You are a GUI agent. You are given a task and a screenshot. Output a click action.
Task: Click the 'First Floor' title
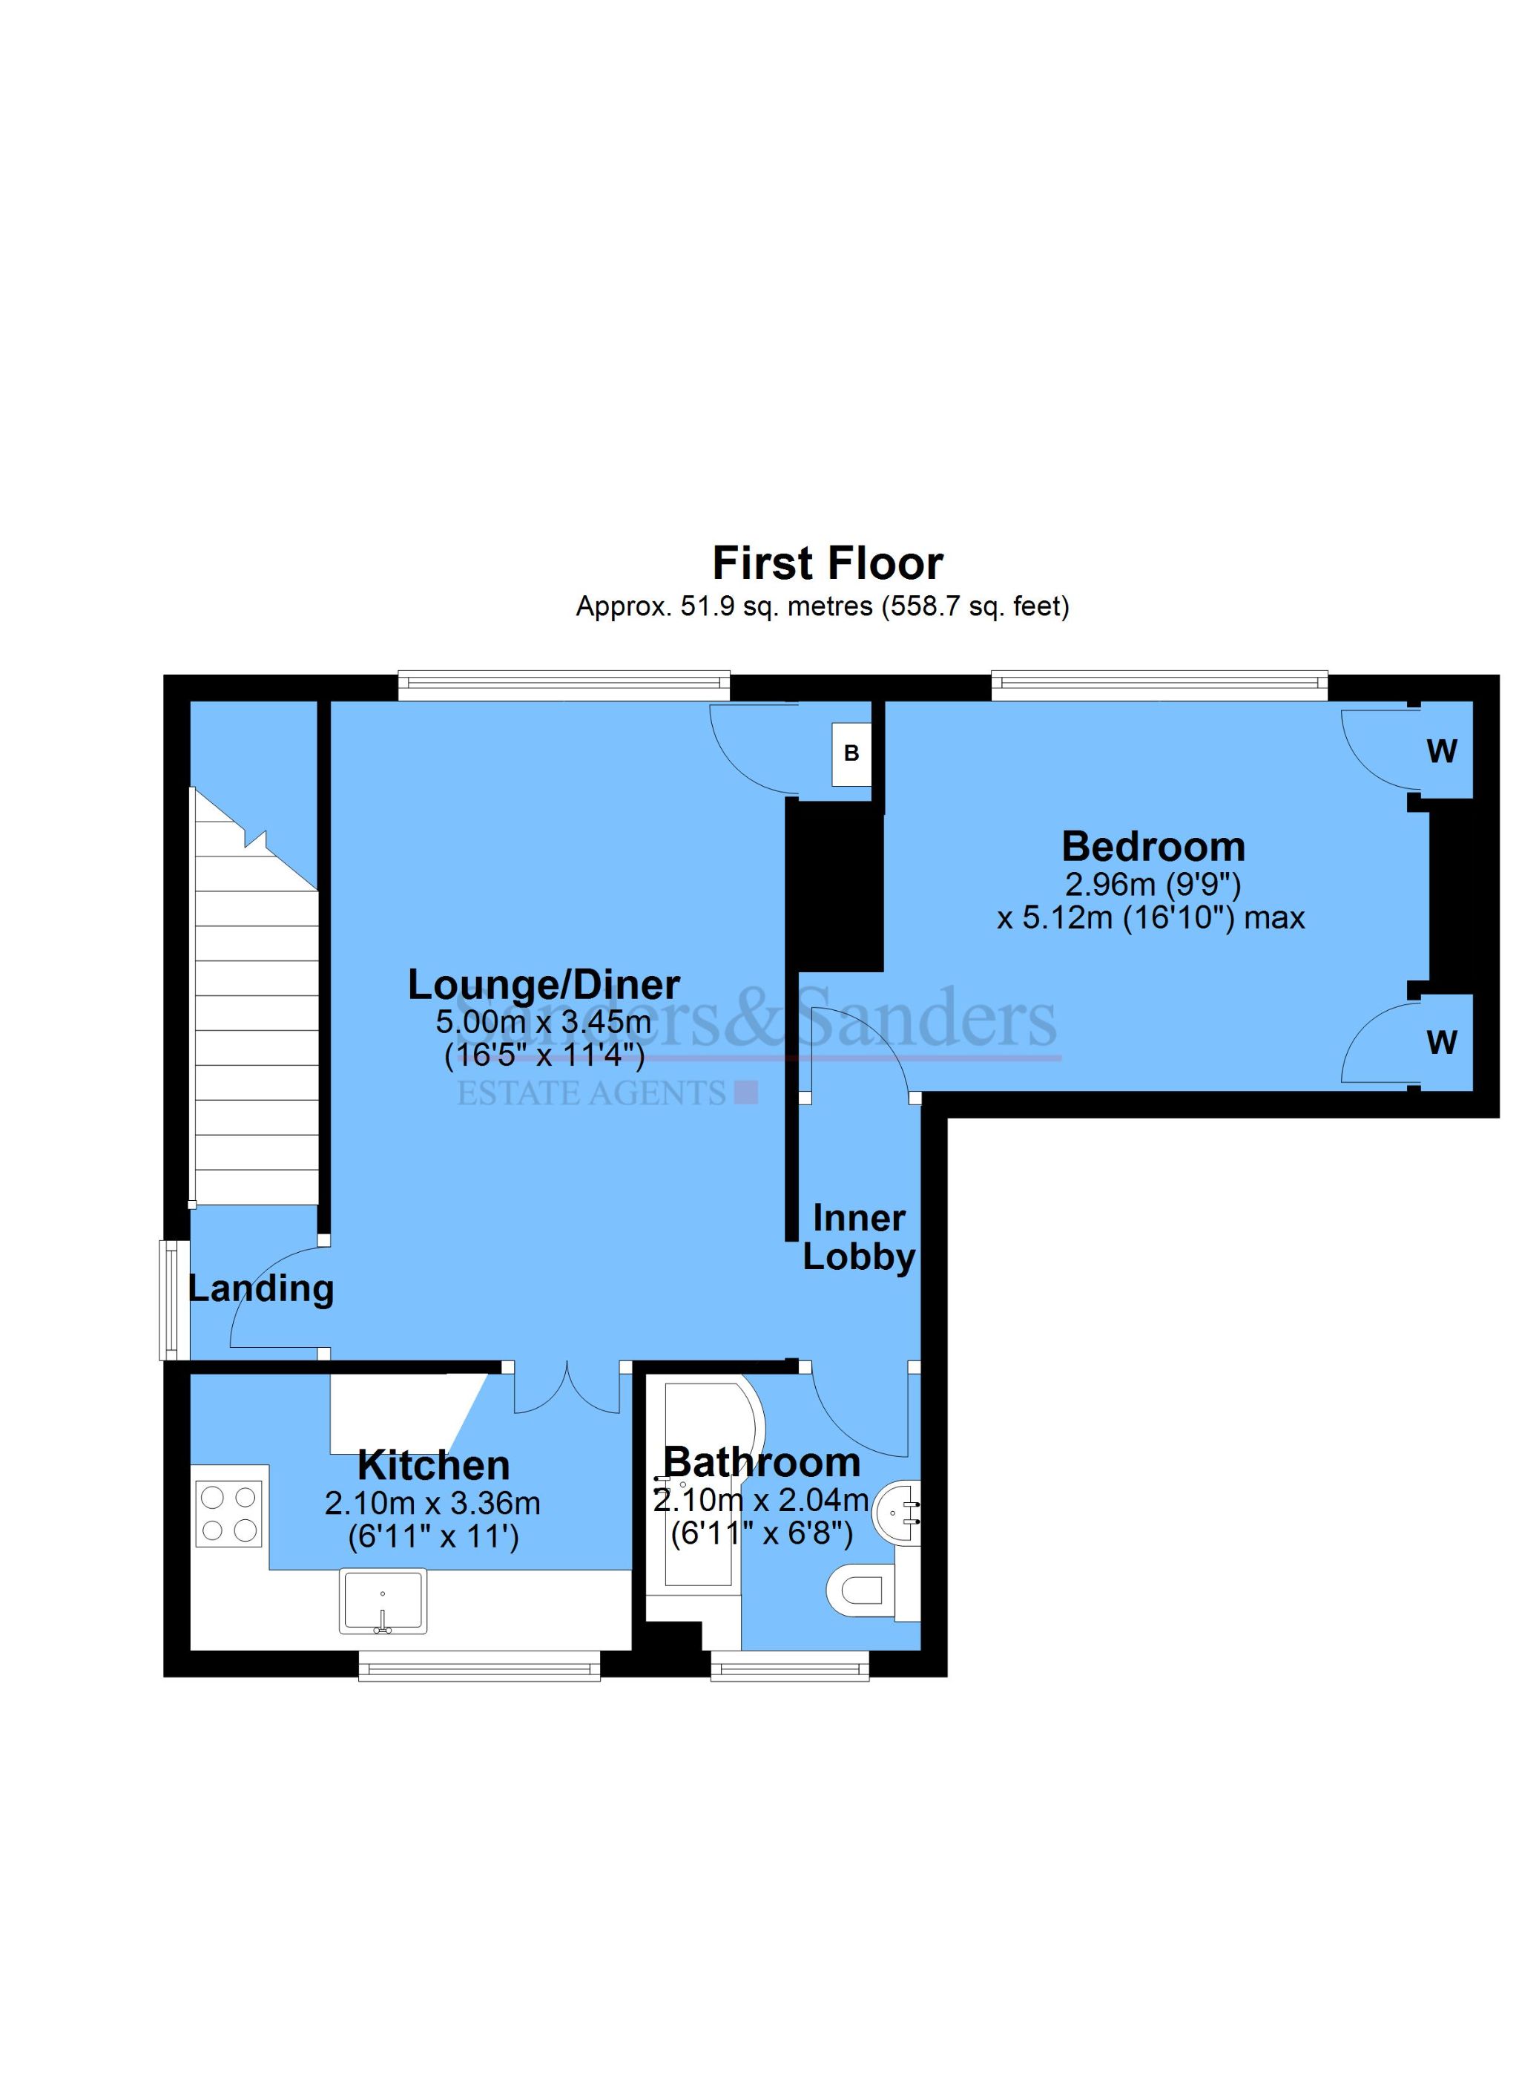pos(827,563)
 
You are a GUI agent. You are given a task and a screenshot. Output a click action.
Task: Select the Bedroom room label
pos(1153,846)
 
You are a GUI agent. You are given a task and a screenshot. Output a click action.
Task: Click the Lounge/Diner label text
pos(544,985)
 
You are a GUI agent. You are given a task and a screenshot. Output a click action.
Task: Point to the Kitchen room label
pos(433,1465)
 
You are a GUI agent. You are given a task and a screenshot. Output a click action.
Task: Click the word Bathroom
pos(762,1462)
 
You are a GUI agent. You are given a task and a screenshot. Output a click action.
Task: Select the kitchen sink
pos(383,1601)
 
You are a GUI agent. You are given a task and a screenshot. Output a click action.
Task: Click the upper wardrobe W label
pos(1442,752)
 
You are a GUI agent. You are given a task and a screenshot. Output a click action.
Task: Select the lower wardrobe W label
pos(1442,1042)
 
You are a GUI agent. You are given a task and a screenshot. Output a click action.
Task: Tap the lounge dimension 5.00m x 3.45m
pos(544,1021)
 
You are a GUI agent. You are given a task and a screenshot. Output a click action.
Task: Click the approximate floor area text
pos(822,606)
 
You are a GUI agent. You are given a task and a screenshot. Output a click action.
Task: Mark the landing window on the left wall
pos(170,1300)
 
